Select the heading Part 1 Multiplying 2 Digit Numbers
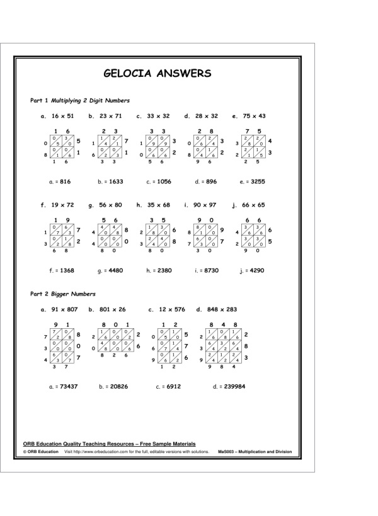coord(80,100)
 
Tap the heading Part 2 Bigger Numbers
coord(63,294)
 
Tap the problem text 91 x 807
coord(65,309)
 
